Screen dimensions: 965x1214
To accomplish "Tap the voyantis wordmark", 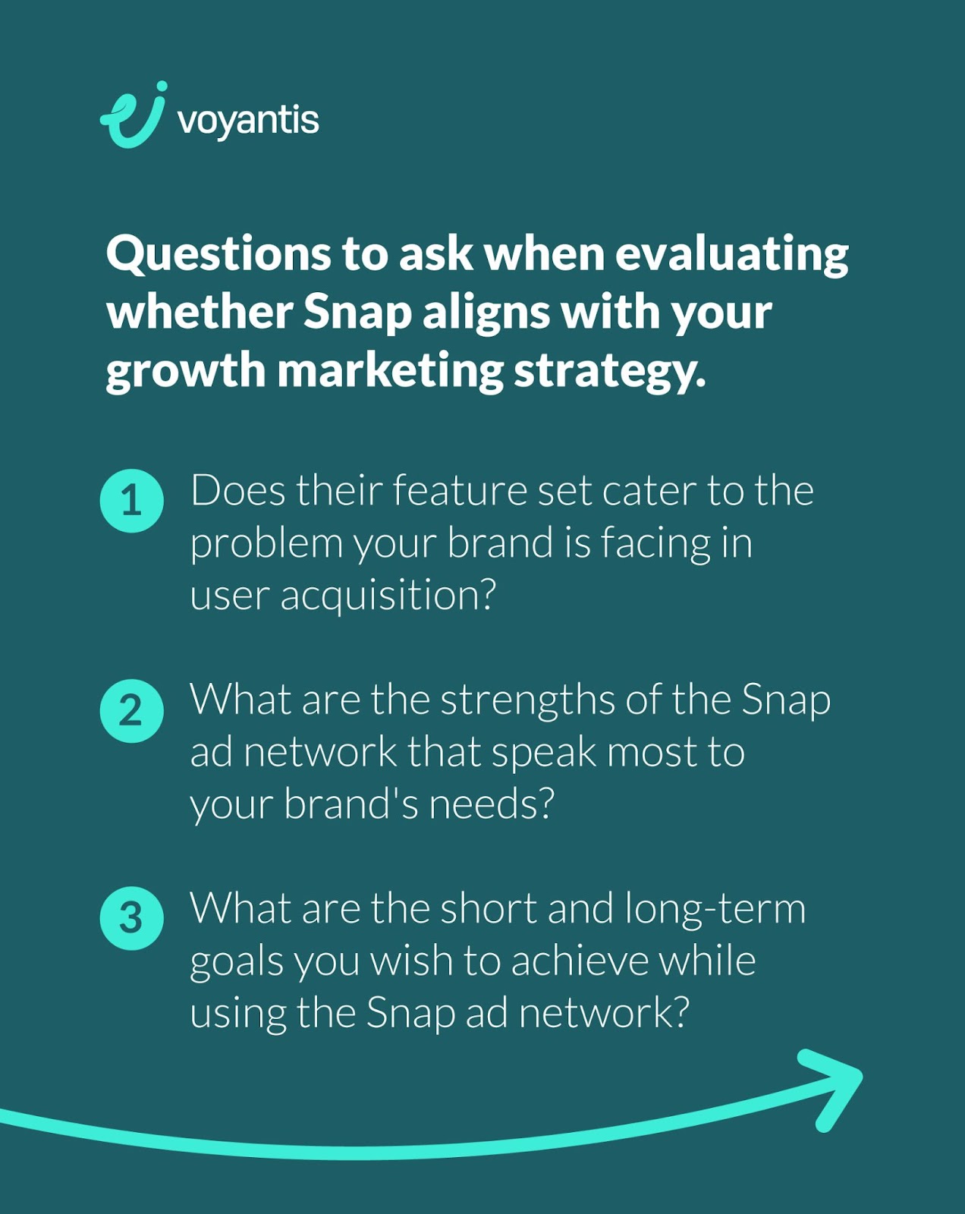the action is pos(248,121).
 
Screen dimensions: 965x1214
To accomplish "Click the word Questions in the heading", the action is pos(218,255).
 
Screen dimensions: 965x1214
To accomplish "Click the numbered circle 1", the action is pos(131,501).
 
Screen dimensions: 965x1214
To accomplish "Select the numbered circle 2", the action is pos(131,710).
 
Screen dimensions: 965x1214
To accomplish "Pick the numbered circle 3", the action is pos(131,918).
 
